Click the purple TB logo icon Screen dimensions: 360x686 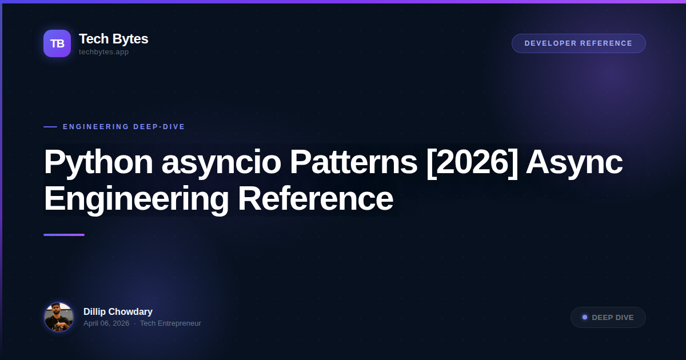tap(57, 43)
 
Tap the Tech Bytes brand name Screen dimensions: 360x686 tap(113, 39)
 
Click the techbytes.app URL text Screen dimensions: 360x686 tap(103, 52)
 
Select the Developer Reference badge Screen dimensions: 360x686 tap(579, 43)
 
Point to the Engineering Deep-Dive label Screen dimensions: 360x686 tap(124, 127)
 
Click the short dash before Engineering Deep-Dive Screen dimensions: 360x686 tap(50, 127)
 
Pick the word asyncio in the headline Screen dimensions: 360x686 tap(221, 162)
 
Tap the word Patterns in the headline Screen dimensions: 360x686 tap(353, 162)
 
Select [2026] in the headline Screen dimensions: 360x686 tap(472, 162)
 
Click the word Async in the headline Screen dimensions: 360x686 tap(574, 162)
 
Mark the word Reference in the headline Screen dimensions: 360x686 tap(315, 199)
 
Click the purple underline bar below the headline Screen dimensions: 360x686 tap(64, 235)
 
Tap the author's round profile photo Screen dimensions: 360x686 tap(59, 317)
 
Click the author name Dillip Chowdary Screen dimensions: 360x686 tap(118, 311)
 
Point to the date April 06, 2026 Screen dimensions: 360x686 tap(106, 323)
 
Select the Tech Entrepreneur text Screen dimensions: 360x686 tap(170, 323)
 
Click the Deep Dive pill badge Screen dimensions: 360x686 tap(608, 318)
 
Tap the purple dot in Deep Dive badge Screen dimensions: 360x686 tap(585, 317)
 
